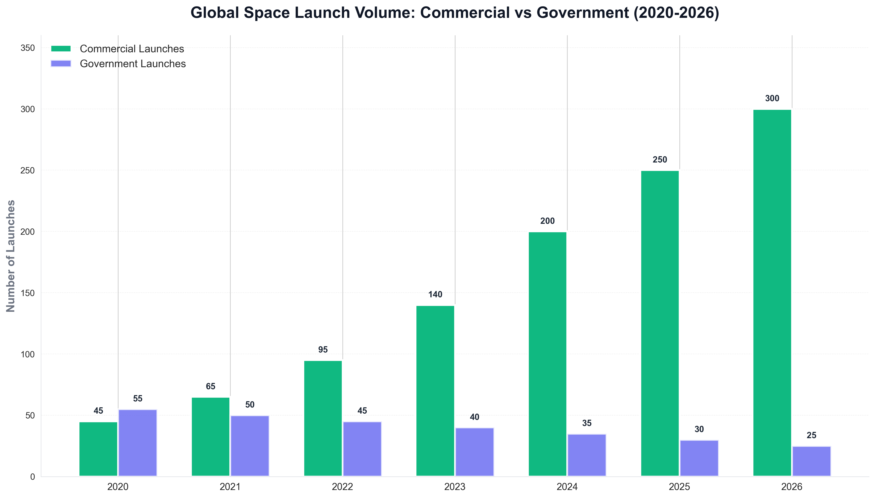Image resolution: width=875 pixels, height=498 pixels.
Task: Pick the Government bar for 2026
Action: [x=811, y=461]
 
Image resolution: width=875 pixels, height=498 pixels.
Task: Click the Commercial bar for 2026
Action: [x=772, y=293]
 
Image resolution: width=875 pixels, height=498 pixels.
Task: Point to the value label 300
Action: [x=772, y=98]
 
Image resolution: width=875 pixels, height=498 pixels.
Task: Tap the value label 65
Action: [x=211, y=387]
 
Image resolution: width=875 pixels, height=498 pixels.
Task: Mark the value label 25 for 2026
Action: [x=811, y=435]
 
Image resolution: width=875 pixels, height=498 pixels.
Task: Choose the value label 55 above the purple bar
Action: [x=138, y=398]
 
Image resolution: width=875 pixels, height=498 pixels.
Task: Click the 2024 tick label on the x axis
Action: [x=567, y=487]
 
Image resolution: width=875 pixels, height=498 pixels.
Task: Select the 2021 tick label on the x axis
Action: [x=230, y=487]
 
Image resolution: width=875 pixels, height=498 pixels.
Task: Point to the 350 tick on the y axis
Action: [x=28, y=48]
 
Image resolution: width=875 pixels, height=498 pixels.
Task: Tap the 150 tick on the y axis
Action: [x=28, y=293]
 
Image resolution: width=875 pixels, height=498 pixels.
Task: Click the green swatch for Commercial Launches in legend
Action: [x=61, y=48]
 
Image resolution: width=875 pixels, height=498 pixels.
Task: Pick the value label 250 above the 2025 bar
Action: [x=660, y=160]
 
